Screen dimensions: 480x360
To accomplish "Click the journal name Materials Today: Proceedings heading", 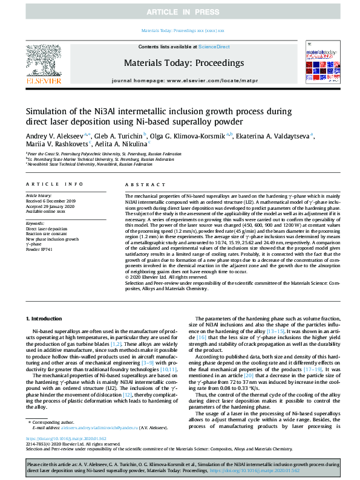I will click(x=183, y=63).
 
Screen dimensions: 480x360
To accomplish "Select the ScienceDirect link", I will click(x=214, y=47).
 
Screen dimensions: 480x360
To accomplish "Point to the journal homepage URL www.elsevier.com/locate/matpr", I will click(x=202, y=80).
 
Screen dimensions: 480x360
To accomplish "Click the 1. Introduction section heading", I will click(x=46, y=318).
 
